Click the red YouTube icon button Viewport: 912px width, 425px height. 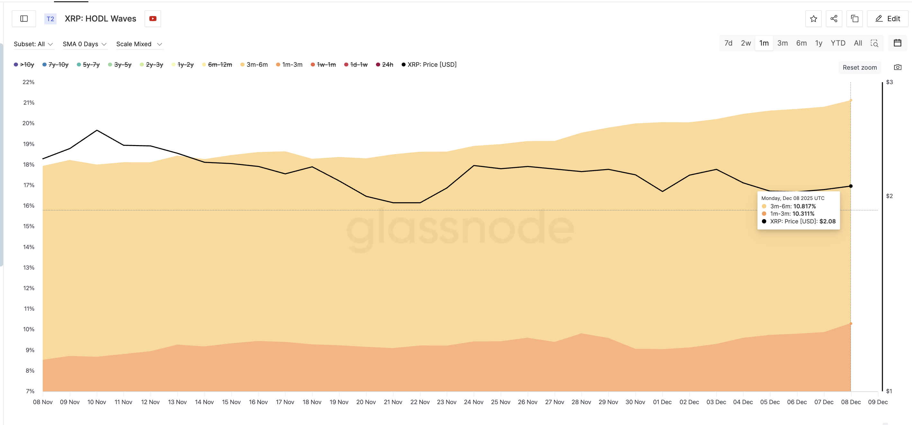point(153,19)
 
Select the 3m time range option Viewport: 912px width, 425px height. point(782,43)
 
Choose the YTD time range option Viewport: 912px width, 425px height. point(837,43)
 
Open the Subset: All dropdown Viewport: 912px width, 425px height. point(33,44)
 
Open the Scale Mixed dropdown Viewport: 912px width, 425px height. point(139,44)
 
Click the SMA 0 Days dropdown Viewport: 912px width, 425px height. point(84,44)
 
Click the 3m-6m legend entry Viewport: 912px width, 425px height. point(254,64)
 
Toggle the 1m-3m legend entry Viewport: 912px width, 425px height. point(289,64)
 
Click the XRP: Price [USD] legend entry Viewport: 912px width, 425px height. point(429,64)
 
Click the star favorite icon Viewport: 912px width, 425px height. point(813,19)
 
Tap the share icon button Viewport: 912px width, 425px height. point(834,19)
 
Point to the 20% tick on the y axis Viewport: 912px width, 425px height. point(29,123)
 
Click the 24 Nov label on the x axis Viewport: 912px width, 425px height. point(473,402)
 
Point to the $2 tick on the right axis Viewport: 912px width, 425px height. point(889,196)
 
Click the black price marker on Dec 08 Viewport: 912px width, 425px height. point(850,186)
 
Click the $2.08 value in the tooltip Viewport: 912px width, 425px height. point(827,221)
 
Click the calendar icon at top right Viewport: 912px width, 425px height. point(897,43)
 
